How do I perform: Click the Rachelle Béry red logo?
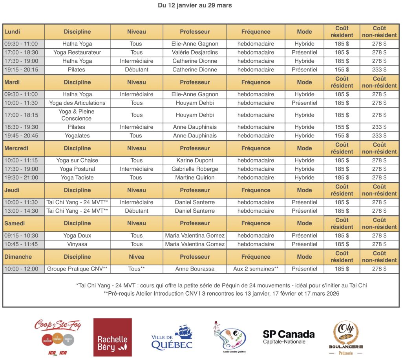[x=112, y=337]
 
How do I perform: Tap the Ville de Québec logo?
[x=172, y=337]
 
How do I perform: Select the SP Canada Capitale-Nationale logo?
[x=289, y=336]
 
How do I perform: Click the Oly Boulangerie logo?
[x=345, y=337]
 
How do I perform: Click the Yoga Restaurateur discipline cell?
[x=77, y=52]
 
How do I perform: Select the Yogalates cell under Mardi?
[x=77, y=135]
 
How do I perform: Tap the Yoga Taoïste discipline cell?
[x=77, y=177]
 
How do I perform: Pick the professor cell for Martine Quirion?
[x=195, y=177]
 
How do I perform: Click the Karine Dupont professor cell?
[x=195, y=160]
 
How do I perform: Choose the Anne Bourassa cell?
[x=195, y=269]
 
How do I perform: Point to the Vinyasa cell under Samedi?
[x=77, y=244]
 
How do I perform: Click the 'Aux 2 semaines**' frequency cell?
[x=256, y=269]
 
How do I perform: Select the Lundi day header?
[x=13, y=32]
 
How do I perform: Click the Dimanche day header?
[x=18, y=257]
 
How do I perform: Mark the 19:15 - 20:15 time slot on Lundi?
[x=21, y=69]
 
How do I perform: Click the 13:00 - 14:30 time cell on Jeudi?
[x=21, y=211]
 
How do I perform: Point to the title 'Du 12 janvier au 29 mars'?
[x=195, y=5]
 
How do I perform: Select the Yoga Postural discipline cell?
[x=77, y=169]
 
